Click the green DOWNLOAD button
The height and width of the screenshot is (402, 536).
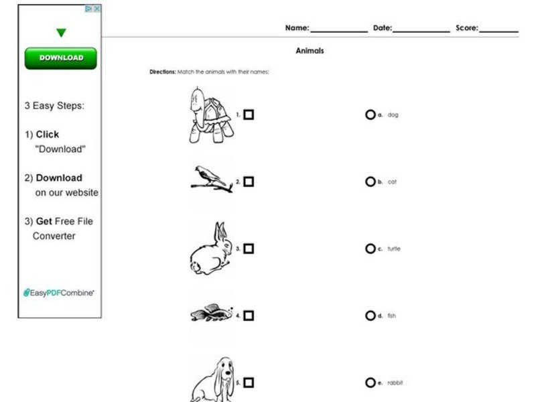point(61,58)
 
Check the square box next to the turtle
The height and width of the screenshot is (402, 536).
point(249,115)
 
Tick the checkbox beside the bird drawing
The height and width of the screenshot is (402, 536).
point(249,182)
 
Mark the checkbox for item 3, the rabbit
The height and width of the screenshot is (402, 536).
point(249,249)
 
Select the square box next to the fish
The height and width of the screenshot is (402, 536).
point(249,316)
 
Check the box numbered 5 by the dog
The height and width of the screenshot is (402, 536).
point(249,383)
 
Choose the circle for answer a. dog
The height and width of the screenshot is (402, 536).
point(370,115)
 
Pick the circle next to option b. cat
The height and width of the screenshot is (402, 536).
point(370,182)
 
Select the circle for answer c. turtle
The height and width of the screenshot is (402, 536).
point(370,249)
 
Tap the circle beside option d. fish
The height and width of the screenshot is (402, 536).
point(370,316)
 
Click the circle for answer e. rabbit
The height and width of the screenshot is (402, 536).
point(370,383)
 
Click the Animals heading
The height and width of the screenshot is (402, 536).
point(310,51)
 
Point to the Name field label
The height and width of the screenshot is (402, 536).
point(297,28)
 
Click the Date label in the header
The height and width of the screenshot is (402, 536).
point(383,28)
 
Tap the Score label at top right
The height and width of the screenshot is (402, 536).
point(467,28)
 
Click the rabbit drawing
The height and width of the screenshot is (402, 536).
point(209,249)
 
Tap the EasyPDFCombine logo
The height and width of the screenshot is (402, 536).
point(59,293)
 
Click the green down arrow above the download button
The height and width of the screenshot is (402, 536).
point(61,32)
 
